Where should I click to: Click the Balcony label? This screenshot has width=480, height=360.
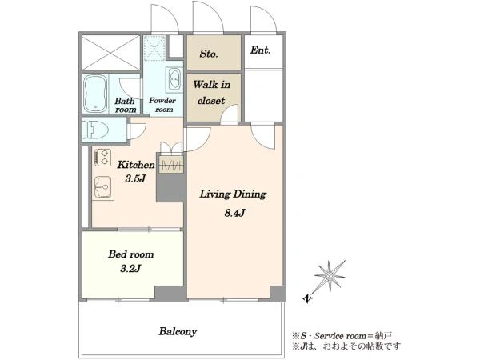click(178, 331)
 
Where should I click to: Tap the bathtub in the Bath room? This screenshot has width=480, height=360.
click(95, 94)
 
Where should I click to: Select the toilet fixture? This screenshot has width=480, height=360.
click(97, 130)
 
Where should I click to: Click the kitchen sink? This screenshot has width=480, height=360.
click(103, 187)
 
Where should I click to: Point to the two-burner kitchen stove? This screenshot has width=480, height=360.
click(102, 158)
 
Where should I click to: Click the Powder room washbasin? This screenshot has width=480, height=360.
click(174, 79)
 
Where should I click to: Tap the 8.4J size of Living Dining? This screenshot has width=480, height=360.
click(234, 213)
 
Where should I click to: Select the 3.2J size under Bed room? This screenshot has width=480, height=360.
click(130, 269)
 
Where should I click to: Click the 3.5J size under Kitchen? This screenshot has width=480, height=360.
click(134, 178)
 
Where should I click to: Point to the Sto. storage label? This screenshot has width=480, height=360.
click(209, 54)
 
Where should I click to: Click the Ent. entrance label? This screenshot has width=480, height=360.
click(260, 50)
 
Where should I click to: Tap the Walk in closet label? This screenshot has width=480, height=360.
click(211, 93)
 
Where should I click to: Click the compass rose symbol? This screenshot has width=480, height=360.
click(330, 276)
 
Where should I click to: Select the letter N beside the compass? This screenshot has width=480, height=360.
click(307, 298)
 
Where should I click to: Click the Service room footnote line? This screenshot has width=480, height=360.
click(342, 336)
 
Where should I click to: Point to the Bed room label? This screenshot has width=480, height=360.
click(130, 254)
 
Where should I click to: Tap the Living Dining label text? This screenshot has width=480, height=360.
click(233, 194)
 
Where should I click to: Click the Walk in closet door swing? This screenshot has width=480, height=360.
click(230, 114)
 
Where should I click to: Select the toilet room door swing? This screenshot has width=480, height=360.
click(137, 132)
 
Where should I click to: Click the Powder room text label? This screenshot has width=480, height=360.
click(162, 105)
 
